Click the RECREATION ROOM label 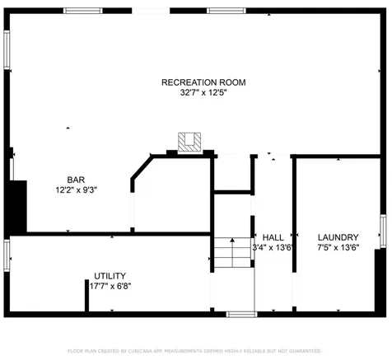(203, 82)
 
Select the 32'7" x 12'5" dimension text (203, 93)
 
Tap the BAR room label (76, 179)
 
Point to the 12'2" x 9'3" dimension (76, 189)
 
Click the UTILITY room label (110, 276)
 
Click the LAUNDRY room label (338, 236)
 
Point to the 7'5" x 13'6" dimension (338, 246)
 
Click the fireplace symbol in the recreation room (190, 142)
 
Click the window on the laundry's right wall (382, 231)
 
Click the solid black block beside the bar (16, 206)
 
